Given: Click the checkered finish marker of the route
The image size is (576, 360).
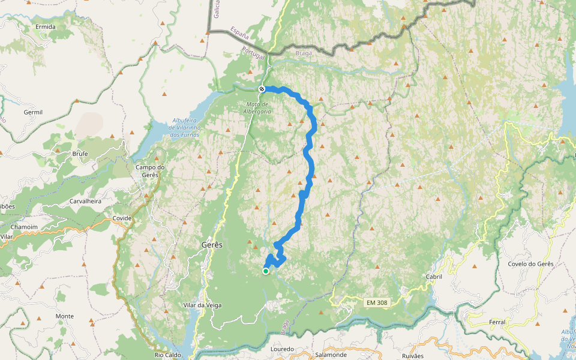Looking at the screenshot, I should pyautogui.click(x=262, y=89).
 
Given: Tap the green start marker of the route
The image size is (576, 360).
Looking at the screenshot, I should pyautogui.click(x=266, y=271).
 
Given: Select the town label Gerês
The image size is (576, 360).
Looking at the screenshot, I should pyautogui.click(x=211, y=245).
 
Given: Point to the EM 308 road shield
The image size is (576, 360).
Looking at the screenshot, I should pyautogui.click(x=377, y=303).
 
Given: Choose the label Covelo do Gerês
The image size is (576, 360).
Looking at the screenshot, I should pyautogui.click(x=530, y=264).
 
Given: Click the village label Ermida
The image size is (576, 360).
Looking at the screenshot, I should pyautogui.click(x=46, y=27).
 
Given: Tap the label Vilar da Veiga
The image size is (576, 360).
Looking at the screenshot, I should pyautogui.click(x=202, y=305).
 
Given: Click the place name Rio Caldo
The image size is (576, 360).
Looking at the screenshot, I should pyautogui.click(x=167, y=355).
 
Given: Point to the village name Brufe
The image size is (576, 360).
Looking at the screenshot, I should pyautogui.click(x=80, y=154).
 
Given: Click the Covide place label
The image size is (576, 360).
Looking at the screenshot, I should pyautogui.click(x=122, y=218).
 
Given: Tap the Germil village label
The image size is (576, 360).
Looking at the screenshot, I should pyautogui.click(x=33, y=112).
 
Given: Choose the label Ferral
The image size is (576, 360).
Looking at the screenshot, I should pyautogui.click(x=497, y=322).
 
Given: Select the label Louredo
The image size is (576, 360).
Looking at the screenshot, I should pyautogui.click(x=282, y=349).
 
